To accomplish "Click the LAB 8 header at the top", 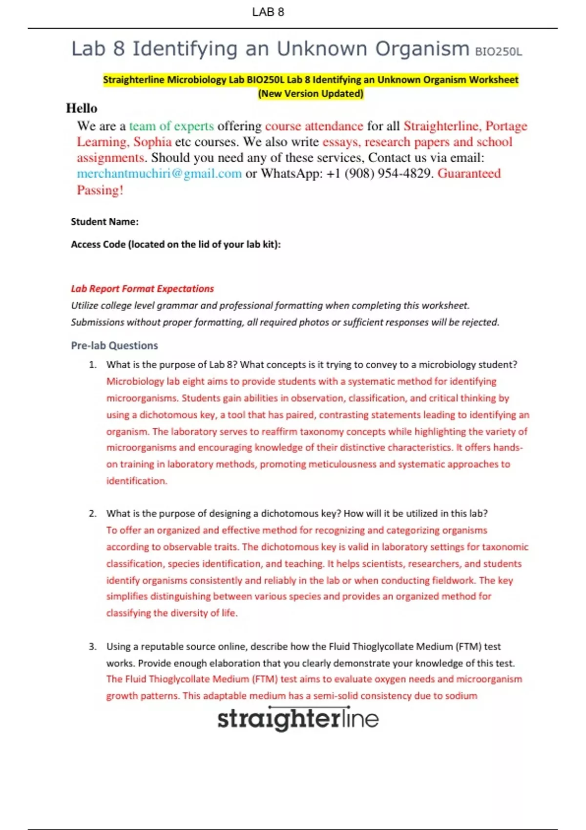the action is coord(268,12).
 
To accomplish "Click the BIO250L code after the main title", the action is coord(498,52).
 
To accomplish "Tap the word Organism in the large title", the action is coord(422,49).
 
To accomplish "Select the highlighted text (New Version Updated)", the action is coord(311,93).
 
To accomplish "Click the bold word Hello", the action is coord(82,108).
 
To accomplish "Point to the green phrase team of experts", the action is coord(171,126).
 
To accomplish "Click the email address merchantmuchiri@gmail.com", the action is coord(159,173).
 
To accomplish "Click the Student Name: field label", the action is coord(105,222).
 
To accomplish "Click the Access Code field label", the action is coord(176,244).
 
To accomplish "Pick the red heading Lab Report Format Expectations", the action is coord(142,289).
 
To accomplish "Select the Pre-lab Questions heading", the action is coord(114,346).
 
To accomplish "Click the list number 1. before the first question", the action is coord(93,365).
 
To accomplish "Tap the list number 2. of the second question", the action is coord(93,514).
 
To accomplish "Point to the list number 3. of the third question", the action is coord(93,646).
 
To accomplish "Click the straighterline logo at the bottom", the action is coord(298,719).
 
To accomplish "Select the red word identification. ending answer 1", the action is coord(137,481).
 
